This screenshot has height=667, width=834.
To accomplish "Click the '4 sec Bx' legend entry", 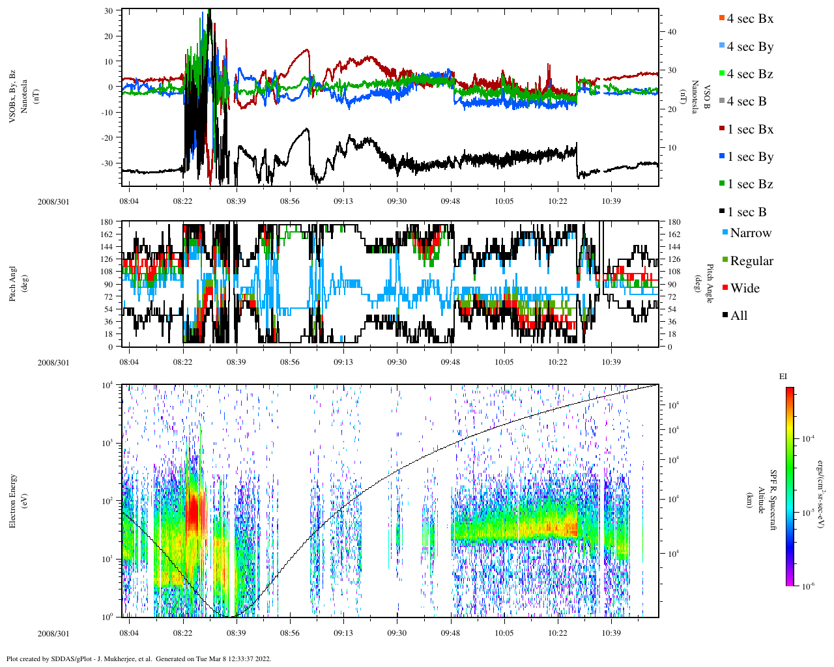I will (749, 19).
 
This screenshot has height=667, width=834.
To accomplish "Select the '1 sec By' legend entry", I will (749, 157).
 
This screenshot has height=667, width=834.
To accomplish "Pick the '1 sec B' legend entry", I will (746, 212).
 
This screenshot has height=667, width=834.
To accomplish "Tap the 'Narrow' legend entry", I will (750, 233).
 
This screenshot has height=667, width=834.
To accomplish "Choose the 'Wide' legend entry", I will (744, 289).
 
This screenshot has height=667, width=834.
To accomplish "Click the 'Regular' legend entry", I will (751, 261).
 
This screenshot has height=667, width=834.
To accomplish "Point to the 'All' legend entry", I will (738, 316).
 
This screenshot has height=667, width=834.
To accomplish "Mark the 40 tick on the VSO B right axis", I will (672, 32).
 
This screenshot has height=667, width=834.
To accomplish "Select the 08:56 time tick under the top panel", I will (290, 201).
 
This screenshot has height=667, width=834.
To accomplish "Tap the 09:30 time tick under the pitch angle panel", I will (397, 363).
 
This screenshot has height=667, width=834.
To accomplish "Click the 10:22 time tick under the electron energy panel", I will (557, 633).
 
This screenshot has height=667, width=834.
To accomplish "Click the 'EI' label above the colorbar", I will (783, 376).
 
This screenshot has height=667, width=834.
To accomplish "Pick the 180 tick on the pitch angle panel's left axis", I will (107, 222).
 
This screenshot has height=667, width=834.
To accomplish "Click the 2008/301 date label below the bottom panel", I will (53, 634).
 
